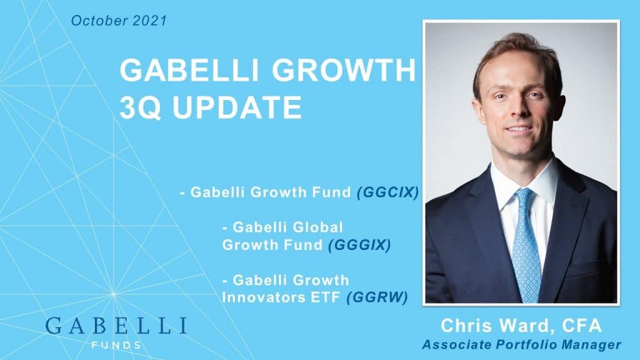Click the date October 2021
(119, 21)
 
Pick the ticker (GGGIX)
(359, 245)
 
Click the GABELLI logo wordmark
(116, 325)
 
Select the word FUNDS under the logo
(116, 345)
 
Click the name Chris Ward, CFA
(521, 326)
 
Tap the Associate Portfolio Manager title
(521, 344)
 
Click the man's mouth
(519, 129)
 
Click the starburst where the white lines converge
(113, 294)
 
